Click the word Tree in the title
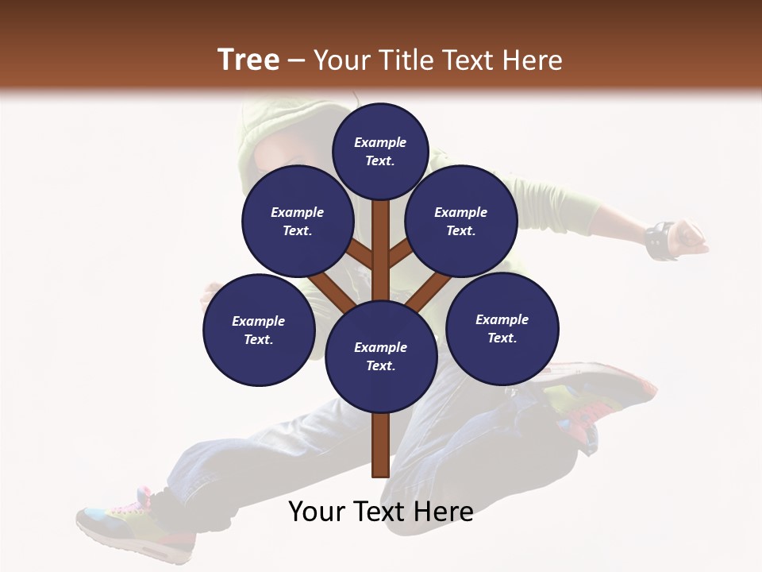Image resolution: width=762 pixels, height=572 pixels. pyautogui.click(x=248, y=60)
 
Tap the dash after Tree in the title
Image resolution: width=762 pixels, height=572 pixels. pyautogui.click(x=296, y=61)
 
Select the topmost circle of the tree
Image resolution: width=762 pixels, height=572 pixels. pyautogui.click(x=380, y=151)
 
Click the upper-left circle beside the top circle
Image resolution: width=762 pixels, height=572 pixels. pyautogui.click(x=298, y=221)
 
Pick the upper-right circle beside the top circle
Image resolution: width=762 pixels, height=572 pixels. pyautogui.click(x=461, y=221)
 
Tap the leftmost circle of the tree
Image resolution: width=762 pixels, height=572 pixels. pyautogui.click(x=259, y=330)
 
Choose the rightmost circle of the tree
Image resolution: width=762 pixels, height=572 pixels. pyautogui.click(x=502, y=328)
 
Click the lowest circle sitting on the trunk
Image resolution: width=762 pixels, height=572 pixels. pyautogui.click(x=381, y=357)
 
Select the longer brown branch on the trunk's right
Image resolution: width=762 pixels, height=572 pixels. pyautogui.click(x=429, y=292)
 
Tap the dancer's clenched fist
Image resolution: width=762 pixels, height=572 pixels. pyautogui.click(x=690, y=237)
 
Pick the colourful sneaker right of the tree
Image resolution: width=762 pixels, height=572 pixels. pyautogui.click(x=603, y=397)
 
